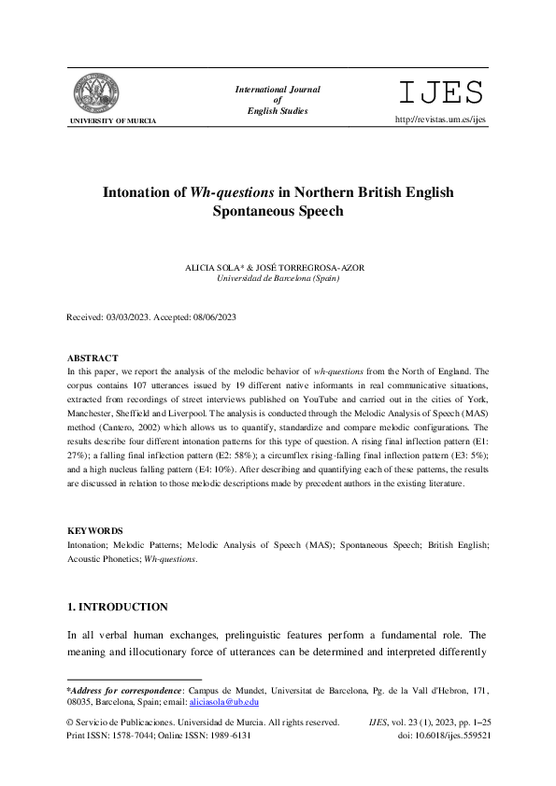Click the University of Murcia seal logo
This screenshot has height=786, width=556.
(x=97, y=92)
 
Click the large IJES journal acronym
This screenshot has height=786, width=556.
(x=441, y=93)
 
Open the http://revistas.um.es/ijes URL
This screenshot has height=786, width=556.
(x=441, y=119)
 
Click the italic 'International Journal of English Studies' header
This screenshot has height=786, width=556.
(x=278, y=100)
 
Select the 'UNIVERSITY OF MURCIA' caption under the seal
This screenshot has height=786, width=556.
(x=113, y=121)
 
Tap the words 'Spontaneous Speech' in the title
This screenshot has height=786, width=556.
(x=278, y=211)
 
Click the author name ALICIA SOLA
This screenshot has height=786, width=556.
(x=213, y=268)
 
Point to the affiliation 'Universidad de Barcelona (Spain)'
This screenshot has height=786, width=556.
(x=278, y=278)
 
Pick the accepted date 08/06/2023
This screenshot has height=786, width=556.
(x=216, y=317)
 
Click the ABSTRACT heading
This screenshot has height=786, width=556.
(x=93, y=358)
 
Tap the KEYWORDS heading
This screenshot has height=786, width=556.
(x=94, y=530)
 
